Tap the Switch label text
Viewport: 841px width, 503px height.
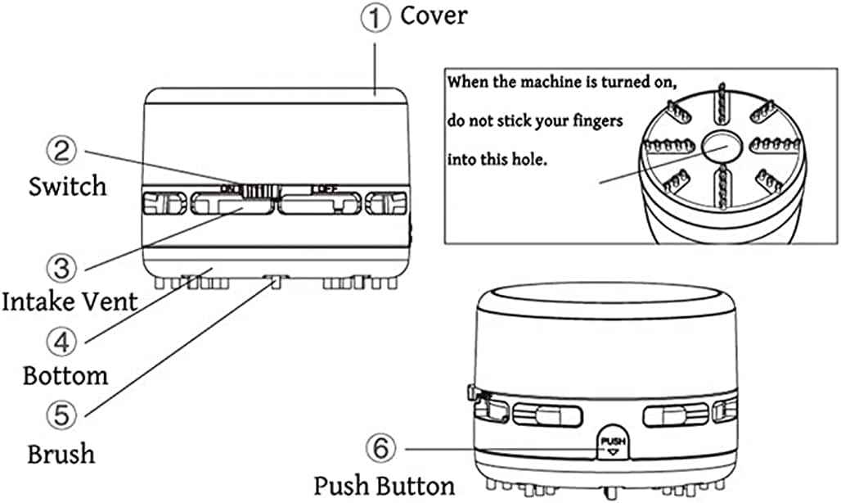click(67, 186)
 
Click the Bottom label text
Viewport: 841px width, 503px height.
click(65, 376)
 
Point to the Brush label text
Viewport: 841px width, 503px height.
click(61, 453)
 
